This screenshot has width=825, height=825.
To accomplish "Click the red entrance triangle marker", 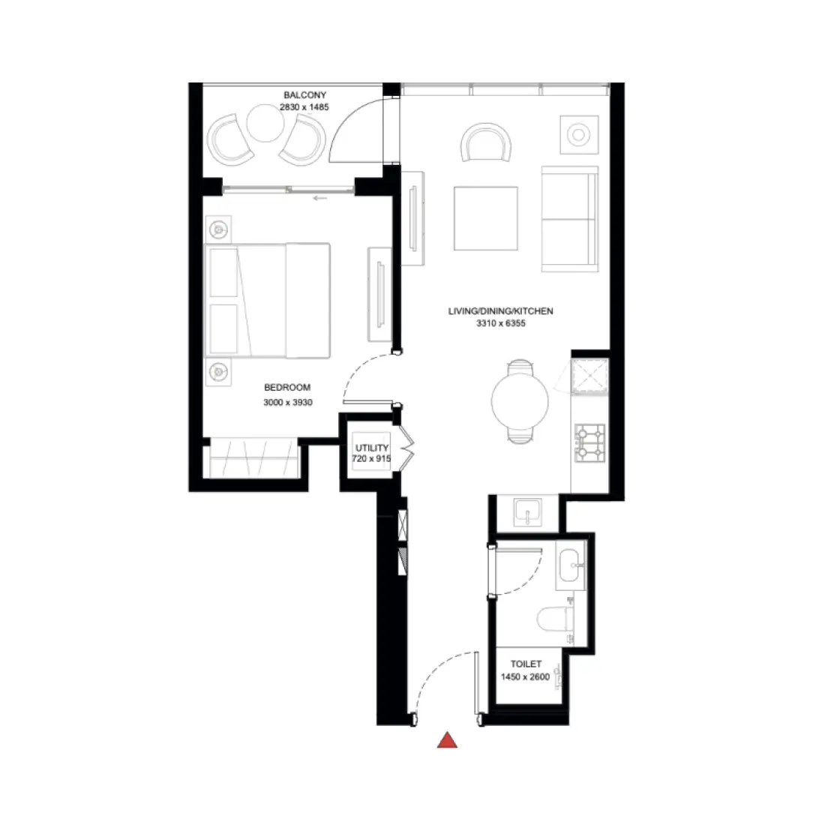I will (x=448, y=740).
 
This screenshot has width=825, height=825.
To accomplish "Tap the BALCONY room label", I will (x=304, y=95).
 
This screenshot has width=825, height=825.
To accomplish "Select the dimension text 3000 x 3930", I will (x=287, y=403).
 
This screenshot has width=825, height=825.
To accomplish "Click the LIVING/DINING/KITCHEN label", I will (x=500, y=311).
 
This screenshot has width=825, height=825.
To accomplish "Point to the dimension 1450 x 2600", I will (x=525, y=676).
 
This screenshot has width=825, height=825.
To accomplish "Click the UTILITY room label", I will (x=372, y=448).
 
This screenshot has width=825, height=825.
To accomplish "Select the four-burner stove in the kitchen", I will (x=589, y=442).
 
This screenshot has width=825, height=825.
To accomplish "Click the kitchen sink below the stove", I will (x=530, y=512).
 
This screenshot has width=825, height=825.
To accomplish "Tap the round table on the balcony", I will (x=265, y=122).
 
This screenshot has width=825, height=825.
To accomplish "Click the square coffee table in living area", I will (x=485, y=218).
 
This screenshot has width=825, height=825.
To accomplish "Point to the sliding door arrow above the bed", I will (x=321, y=199).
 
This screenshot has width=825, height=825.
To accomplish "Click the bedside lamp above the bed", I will (x=219, y=228).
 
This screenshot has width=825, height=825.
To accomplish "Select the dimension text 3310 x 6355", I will (x=500, y=324).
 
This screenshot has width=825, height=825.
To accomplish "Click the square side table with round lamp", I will (x=579, y=135).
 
